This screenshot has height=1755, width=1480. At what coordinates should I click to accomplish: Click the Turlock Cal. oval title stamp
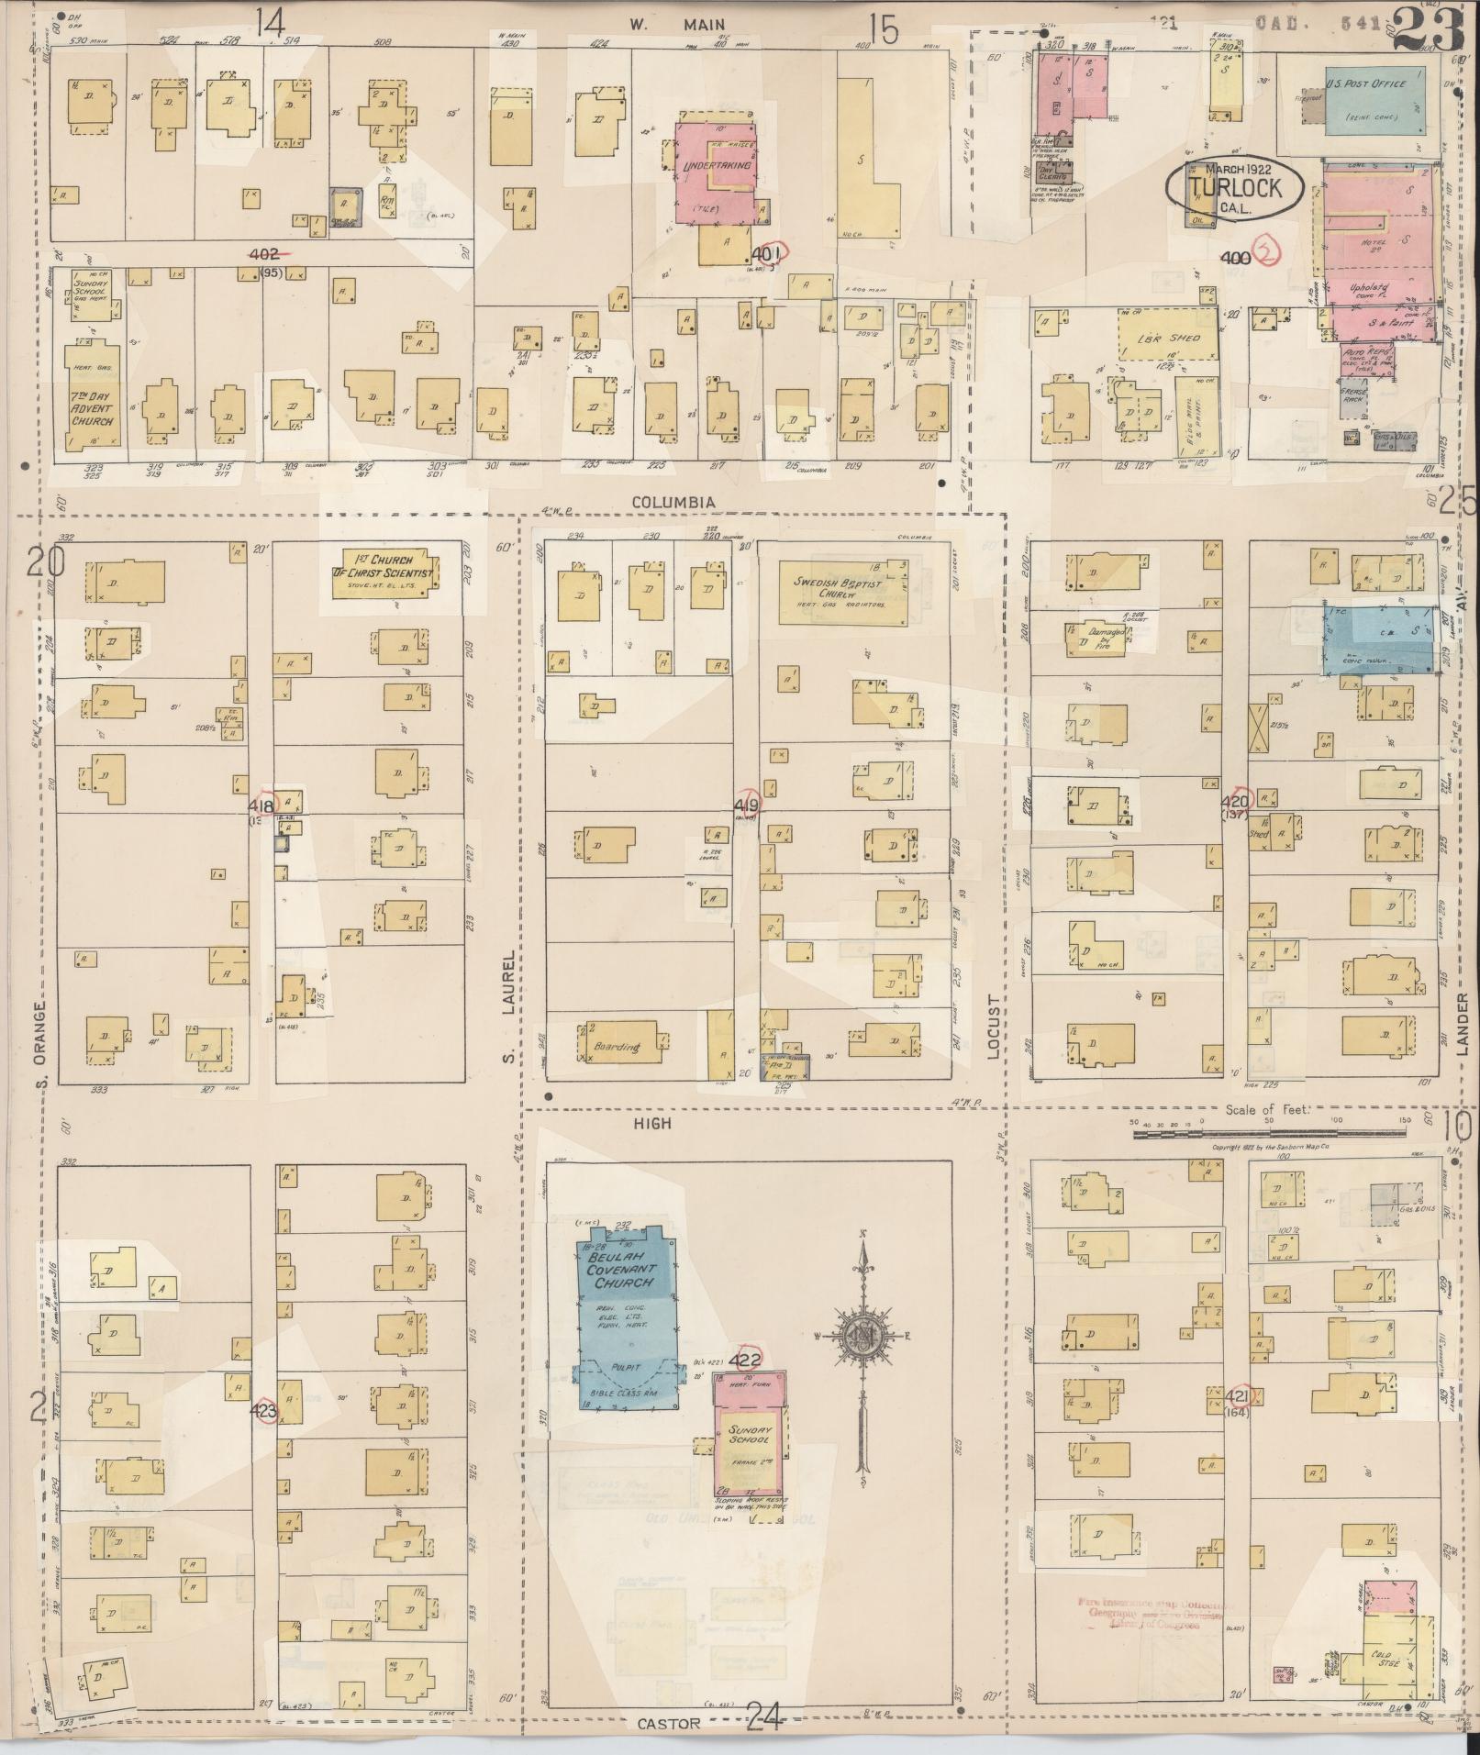(1234, 187)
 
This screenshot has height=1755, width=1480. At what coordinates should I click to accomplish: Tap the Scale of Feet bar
(1265, 1134)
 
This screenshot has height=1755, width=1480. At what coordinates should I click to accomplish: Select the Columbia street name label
(673, 502)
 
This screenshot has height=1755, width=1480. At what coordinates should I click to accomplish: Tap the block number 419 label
(746, 805)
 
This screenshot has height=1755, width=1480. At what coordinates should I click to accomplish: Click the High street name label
(651, 1123)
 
